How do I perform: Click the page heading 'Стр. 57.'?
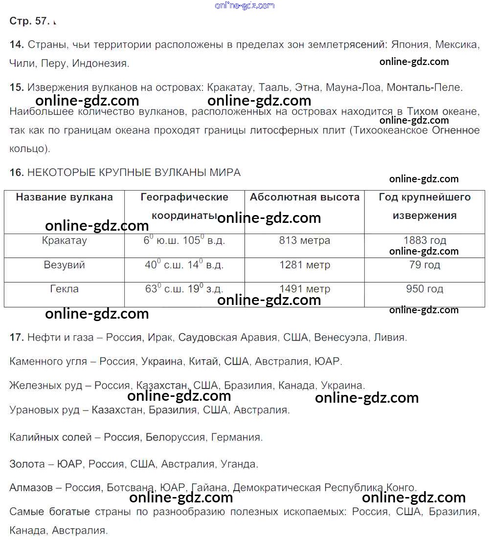[x=30, y=21]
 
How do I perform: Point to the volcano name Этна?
[x=307, y=87]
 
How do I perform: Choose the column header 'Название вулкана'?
[x=64, y=197]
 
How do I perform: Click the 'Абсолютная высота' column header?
[x=304, y=197]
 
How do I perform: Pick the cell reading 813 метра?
[x=304, y=240]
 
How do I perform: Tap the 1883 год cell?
[x=424, y=240]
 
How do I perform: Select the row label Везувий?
[x=64, y=265]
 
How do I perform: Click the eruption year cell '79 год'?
[x=424, y=265]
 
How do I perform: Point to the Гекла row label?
[x=64, y=289]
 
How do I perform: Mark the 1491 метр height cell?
[x=304, y=289]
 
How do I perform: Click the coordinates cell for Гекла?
[x=184, y=289]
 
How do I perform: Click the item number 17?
[x=16, y=337]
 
